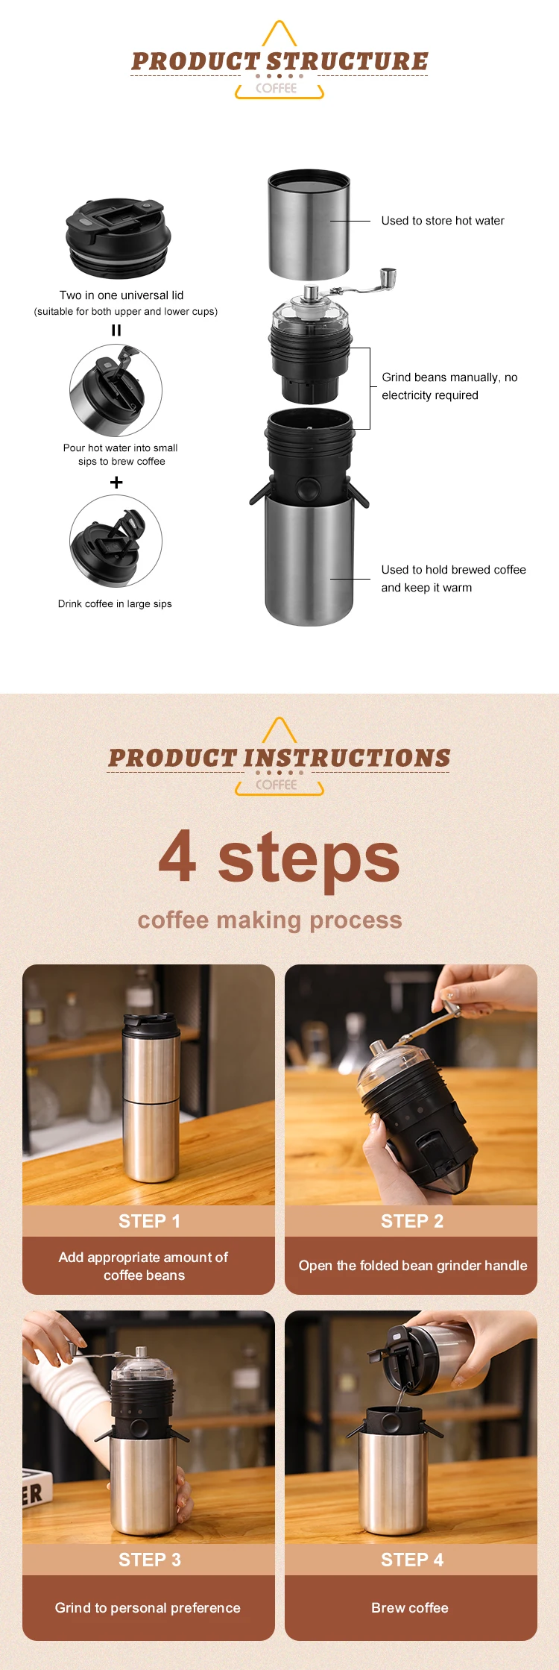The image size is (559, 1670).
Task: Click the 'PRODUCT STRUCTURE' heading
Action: tap(279, 61)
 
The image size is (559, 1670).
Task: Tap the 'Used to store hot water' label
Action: tap(443, 221)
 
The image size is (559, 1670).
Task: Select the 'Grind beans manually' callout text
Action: tap(449, 386)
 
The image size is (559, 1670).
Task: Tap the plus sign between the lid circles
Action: tap(116, 483)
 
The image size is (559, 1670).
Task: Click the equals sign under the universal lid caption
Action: tap(116, 330)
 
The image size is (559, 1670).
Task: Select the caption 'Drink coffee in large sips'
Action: tap(115, 604)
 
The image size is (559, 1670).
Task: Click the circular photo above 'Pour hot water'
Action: tap(116, 390)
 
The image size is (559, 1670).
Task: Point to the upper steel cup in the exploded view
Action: tap(309, 225)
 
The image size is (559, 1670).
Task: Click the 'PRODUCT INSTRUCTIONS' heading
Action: tap(279, 758)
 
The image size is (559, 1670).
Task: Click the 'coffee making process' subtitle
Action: tap(270, 920)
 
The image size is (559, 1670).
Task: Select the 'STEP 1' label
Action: tap(149, 1221)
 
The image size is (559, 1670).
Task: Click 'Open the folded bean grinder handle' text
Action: tap(413, 1266)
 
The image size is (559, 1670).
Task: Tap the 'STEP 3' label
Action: tap(149, 1560)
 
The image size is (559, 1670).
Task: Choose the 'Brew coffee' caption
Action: tap(410, 1607)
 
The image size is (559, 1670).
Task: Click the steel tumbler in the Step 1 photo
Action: tap(151, 1097)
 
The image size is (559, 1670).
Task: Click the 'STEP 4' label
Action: tap(412, 1560)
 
